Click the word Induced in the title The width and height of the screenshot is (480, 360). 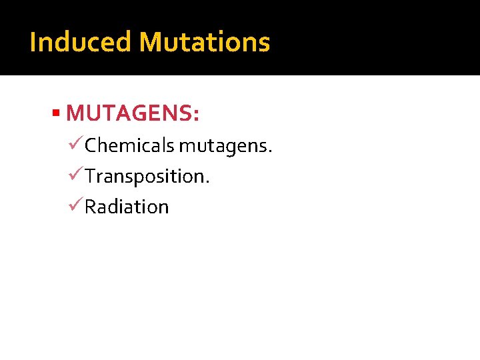(80, 42)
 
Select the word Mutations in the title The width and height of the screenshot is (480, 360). (204, 42)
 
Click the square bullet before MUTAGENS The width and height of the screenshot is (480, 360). (57, 113)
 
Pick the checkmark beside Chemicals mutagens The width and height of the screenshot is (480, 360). (77, 144)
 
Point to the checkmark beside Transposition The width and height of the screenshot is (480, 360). (77, 175)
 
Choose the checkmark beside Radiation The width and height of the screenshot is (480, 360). (77, 206)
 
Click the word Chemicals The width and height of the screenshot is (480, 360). (130, 145)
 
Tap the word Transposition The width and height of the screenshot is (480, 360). (145, 177)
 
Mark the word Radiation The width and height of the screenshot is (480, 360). (127, 207)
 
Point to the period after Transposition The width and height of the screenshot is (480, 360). (209, 183)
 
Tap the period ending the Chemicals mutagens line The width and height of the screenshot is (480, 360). (270, 151)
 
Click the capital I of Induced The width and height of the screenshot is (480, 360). (33, 42)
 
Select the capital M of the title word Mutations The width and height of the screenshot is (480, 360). (149, 42)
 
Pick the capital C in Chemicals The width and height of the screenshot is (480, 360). (91, 145)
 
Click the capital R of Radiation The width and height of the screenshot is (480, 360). (91, 207)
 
